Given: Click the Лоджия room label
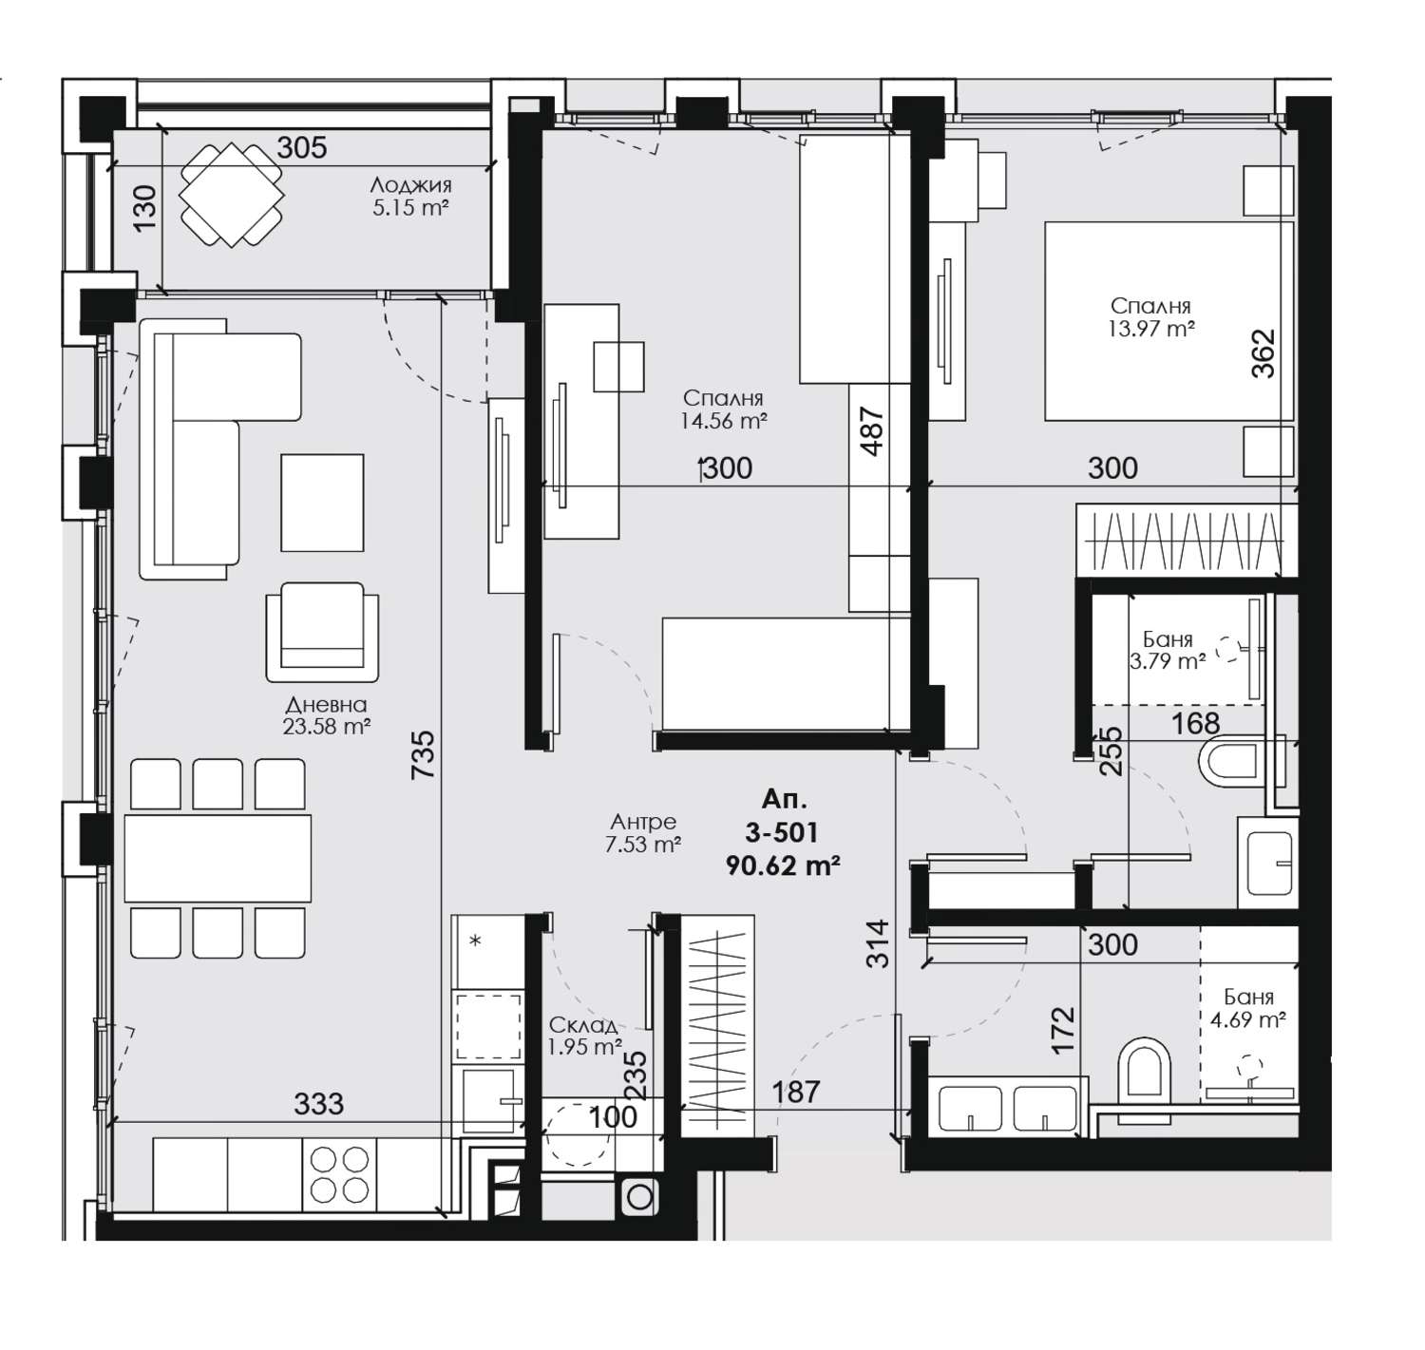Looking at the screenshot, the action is pos(410,185).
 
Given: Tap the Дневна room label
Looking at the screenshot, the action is pos(326,705).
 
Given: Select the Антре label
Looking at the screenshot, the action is pos(643,822).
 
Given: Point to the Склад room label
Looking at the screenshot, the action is pos(582,1024).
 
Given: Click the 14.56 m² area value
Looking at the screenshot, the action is pos(723,421).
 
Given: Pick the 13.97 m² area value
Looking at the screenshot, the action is pos(1150,329).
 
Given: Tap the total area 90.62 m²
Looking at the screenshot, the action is pos(783,865).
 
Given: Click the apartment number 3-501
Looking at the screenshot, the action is pos(781,832).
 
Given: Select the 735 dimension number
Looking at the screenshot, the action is pos(424,754).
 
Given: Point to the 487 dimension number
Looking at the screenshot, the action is pos(873,431).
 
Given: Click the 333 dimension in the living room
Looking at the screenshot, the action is pos(318,1104).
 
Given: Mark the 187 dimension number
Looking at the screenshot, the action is pos(796,1092).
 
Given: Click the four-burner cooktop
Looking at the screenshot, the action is pos(339,1174).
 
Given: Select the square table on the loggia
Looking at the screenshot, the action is pos(231,195).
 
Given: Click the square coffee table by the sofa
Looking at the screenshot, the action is pos(322,503).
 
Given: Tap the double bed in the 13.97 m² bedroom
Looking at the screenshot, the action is pos(1168,321).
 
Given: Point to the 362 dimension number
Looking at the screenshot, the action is pos(1263,353).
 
